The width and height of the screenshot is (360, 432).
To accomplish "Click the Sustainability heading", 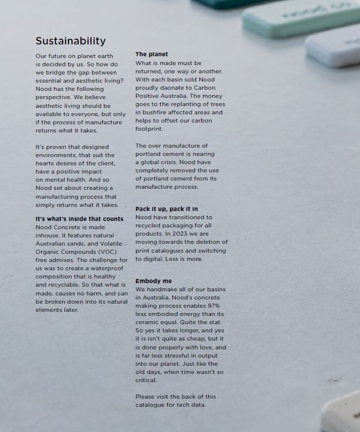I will point(70,41).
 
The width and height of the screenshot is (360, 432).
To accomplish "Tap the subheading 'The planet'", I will point(151,55).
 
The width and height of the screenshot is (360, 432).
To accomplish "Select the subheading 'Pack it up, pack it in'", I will point(167,209).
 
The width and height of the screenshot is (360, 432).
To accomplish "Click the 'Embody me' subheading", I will point(154,281).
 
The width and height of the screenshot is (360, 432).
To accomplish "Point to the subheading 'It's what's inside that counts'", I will point(79,219).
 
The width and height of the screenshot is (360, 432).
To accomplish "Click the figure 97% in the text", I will point(214,306).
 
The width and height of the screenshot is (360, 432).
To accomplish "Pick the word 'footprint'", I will point(149,128).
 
